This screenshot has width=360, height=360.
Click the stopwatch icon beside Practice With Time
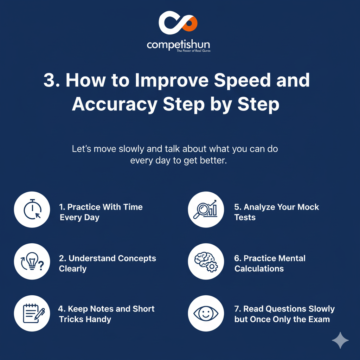tap(32, 210)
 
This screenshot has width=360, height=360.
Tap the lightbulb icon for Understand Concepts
tap(32, 261)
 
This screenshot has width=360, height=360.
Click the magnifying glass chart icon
tap(205, 209)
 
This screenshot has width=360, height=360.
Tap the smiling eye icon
tap(206, 313)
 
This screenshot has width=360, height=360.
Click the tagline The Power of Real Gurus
tap(193, 51)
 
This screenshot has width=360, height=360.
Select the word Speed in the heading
tap(243, 81)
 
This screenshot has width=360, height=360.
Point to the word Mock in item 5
tap(308, 207)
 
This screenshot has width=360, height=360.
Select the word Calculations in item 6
tap(259, 269)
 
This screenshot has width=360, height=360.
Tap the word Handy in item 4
tap(100, 319)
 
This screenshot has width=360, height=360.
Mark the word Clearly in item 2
tap(73, 269)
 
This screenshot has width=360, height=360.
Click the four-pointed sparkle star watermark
tap(340, 340)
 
